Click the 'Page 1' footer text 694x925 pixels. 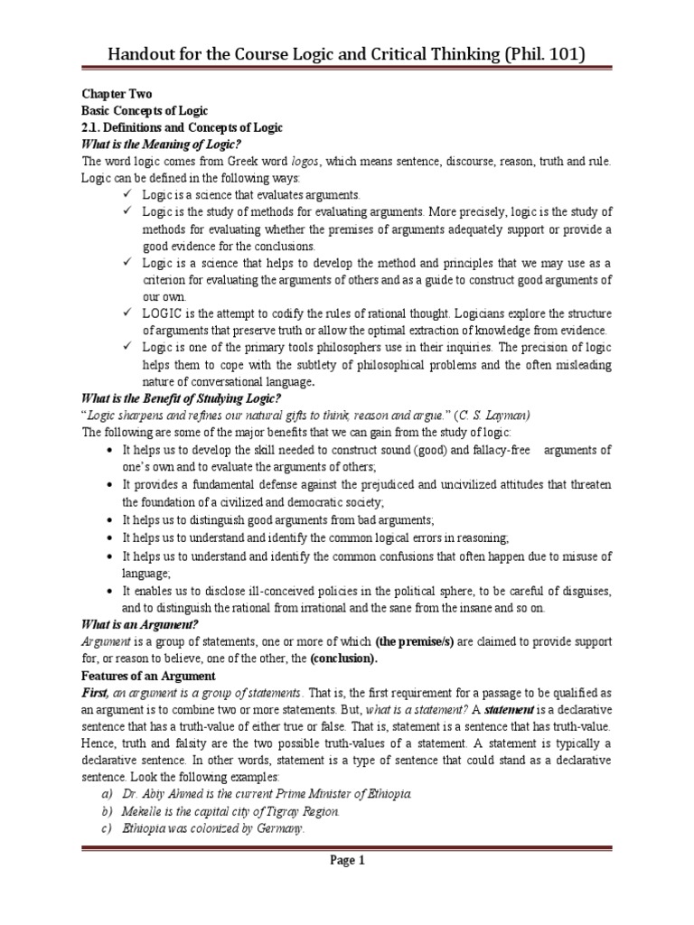[347, 861]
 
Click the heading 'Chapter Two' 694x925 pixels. [114, 93]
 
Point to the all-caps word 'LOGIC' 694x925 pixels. [163, 313]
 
